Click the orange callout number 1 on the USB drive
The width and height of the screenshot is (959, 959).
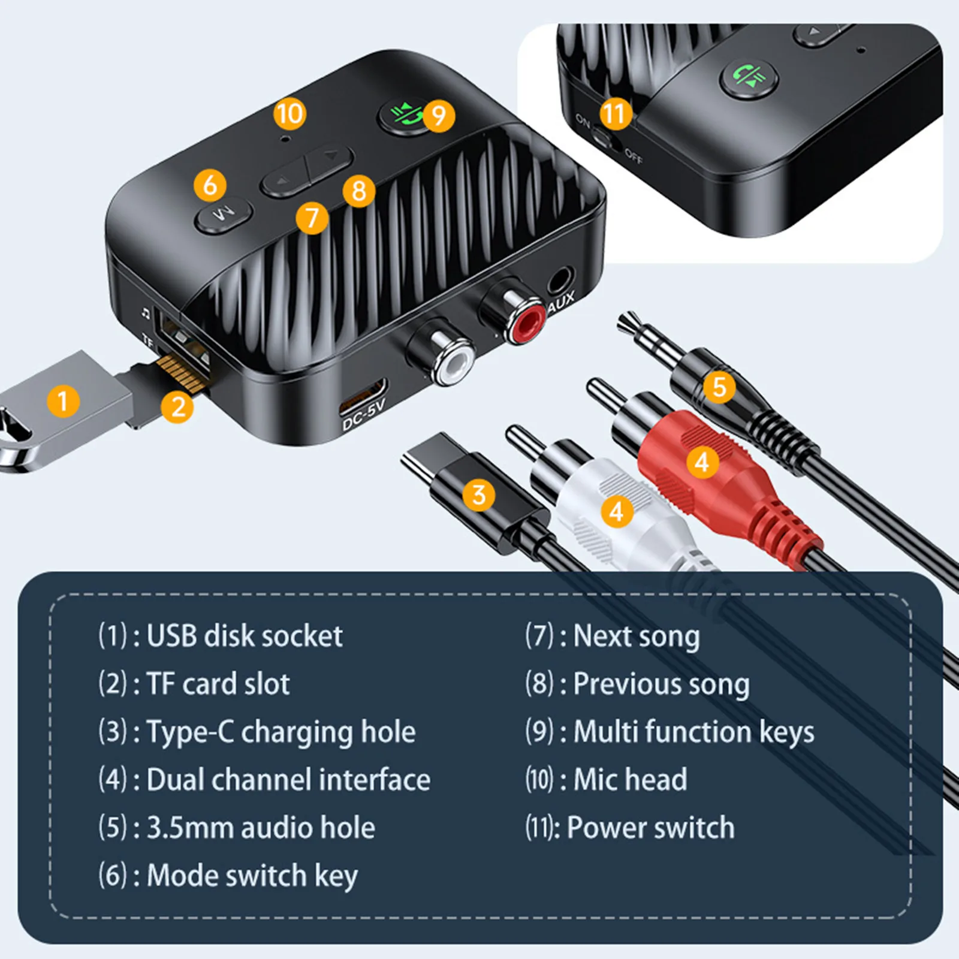(62, 401)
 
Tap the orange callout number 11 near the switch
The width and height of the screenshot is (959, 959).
(615, 113)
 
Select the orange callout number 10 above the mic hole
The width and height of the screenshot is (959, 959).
(289, 113)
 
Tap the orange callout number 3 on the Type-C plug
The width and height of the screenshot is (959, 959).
(478, 495)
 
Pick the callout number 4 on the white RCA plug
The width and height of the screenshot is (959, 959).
(617, 511)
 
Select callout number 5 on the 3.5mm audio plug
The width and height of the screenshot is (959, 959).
(719, 387)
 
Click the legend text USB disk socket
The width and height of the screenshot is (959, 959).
(244, 636)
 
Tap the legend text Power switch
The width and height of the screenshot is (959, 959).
(650, 828)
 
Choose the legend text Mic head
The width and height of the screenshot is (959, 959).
(630, 780)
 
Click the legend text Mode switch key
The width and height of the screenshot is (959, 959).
(252, 876)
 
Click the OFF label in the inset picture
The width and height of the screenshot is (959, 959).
(634, 157)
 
